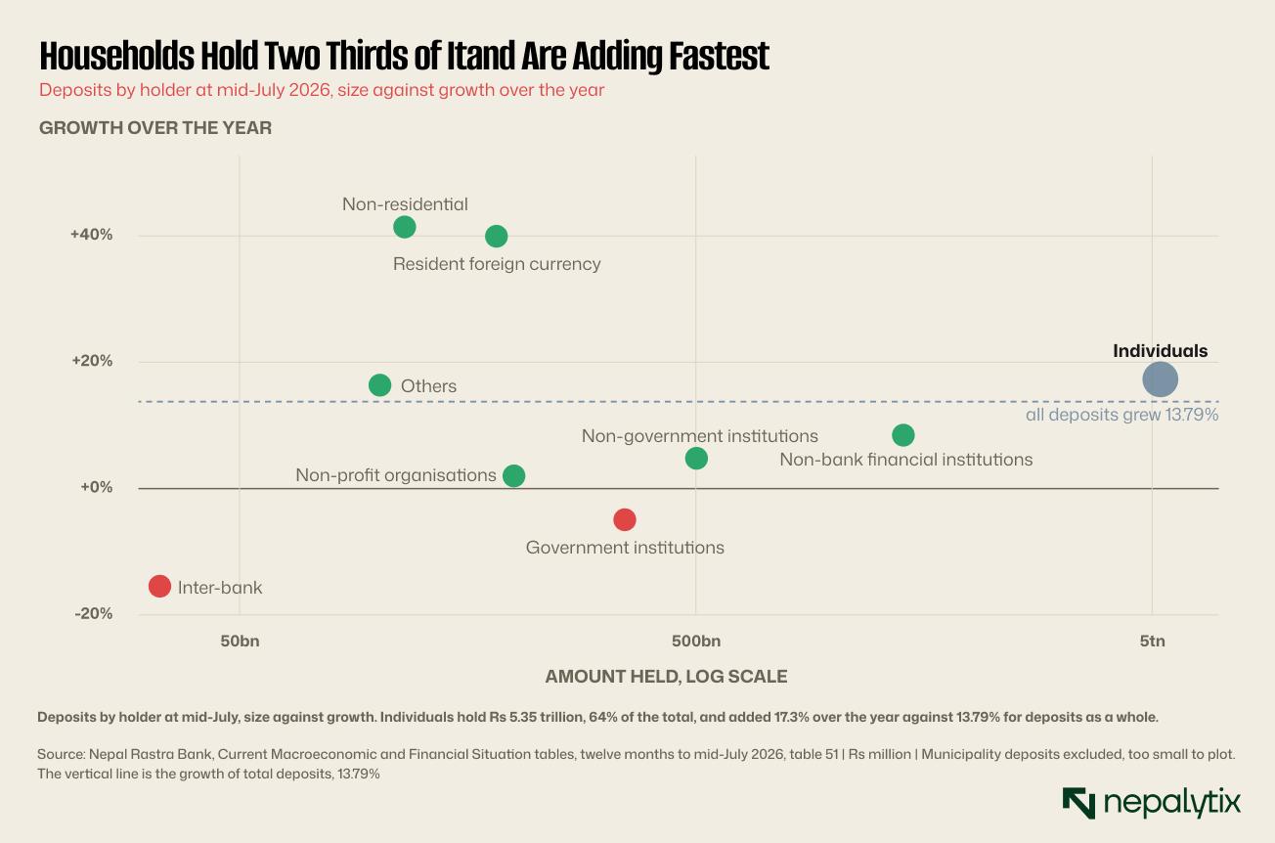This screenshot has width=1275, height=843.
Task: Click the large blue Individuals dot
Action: [1160, 379]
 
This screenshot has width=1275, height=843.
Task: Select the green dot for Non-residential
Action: [404, 227]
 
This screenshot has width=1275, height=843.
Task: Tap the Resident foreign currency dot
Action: [497, 237]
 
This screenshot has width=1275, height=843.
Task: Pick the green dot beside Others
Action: [379, 385]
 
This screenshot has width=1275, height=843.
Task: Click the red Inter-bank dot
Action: [159, 587]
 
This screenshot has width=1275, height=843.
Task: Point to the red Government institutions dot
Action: [625, 519]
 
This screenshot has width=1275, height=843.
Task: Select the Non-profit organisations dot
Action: [514, 476]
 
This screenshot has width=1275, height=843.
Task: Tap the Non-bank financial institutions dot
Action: [903, 435]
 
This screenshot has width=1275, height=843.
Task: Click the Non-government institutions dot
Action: [696, 459]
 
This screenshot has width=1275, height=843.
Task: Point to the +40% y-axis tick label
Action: [92, 235]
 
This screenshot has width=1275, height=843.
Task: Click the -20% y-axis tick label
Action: [94, 613]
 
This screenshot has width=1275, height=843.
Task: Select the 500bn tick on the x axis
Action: [696, 642]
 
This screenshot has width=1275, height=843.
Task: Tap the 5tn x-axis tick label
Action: [1152, 642]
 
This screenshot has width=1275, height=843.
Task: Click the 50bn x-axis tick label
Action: [240, 642]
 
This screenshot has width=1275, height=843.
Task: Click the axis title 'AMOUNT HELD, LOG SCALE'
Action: [667, 676]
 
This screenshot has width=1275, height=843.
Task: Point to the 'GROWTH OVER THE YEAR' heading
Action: [155, 128]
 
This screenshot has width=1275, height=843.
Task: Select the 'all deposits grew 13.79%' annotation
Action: [1121, 415]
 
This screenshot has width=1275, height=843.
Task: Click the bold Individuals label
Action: [1160, 351]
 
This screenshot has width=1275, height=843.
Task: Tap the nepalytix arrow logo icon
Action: [1078, 803]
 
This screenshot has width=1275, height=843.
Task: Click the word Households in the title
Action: [116, 56]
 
